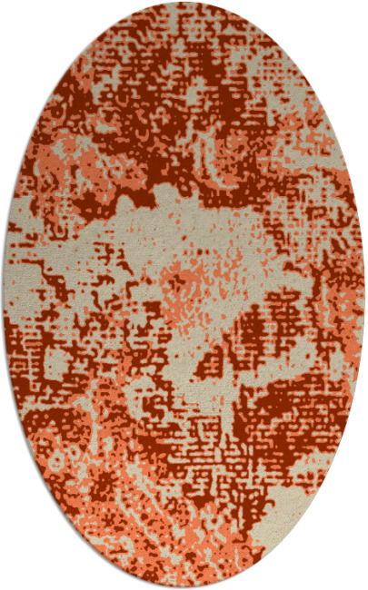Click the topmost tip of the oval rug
184,3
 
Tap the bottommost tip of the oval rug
184,587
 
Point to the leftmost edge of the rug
4,295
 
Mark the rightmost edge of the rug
364,295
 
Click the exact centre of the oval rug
184,295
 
